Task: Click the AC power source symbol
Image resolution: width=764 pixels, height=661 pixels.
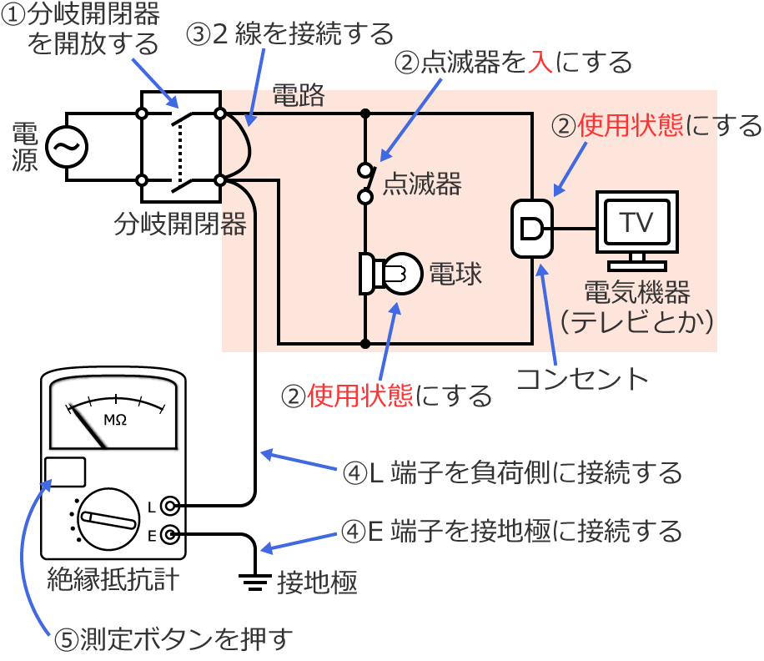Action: [x=66, y=148]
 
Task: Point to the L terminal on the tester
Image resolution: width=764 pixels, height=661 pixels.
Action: [x=169, y=506]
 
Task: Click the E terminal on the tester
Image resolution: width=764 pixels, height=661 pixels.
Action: [x=169, y=535]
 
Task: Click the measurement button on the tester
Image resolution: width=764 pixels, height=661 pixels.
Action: [x=64, y=472]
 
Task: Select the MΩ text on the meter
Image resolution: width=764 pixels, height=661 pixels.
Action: [x=114, y=419]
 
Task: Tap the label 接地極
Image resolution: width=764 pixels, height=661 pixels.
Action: [x=317, y=582]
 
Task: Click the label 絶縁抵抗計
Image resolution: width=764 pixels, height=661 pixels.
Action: [x=113, y=578]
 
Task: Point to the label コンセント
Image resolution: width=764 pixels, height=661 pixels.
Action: [x=582, y=379]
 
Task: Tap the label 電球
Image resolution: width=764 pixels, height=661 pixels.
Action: [x=455, y=274]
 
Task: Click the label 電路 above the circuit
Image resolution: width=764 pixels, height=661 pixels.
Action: [x=299, y=96]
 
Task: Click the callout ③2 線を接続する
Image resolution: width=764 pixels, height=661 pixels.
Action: [x=289, y=34]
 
